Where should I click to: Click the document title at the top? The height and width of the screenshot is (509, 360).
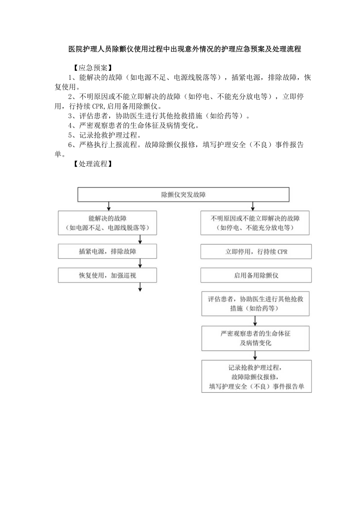(185, 49)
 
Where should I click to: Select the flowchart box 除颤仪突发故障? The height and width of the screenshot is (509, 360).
(184, 194)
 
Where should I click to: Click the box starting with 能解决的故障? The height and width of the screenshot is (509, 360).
(107, 223)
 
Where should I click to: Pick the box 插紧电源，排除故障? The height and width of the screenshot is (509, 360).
(107, 252)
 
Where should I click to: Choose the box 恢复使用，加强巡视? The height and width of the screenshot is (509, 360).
(107, 275)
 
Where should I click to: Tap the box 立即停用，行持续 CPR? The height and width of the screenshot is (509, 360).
(256, 252)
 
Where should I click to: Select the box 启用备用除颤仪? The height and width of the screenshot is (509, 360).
(256, 275)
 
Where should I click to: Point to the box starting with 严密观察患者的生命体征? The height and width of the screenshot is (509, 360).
(256, 338)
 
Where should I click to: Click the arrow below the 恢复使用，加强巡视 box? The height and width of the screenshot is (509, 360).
(140, 287)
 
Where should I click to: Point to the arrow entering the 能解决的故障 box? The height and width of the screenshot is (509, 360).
(108, 206)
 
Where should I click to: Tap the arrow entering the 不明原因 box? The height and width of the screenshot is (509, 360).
(253, 206)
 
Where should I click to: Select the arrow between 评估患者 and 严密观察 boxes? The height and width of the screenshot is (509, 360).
(256, 321)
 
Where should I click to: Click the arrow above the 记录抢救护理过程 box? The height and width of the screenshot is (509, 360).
(256, 355)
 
